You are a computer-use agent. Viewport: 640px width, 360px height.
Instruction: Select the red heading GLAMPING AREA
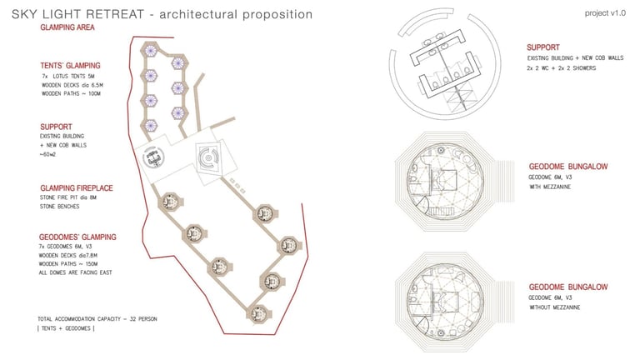[67, 27]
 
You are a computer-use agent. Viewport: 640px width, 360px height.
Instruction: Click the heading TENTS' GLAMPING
[70, 65]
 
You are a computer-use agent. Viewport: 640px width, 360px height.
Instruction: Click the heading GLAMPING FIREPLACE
[80, 187]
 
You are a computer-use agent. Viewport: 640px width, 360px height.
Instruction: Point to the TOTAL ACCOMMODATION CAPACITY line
[97, 319]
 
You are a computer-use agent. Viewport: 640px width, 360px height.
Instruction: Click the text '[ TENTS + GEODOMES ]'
[67, 329]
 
